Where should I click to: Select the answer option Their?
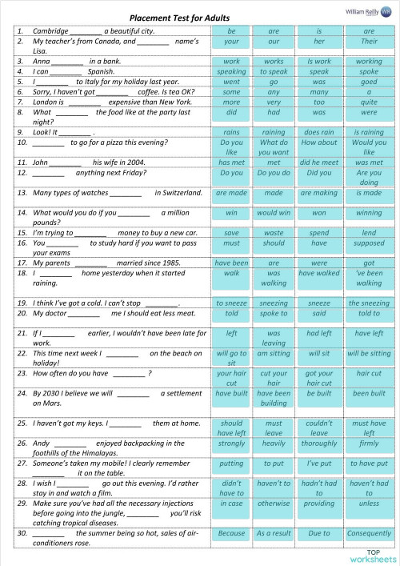pos(369,41)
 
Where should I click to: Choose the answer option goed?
pos(369,82)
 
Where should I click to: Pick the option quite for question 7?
pos(369,102)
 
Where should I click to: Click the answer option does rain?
pos(319,132)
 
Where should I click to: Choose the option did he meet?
pos(319,163)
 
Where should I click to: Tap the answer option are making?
pos(319,193)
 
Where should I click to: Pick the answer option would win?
pos(274,213)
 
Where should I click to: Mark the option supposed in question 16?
pos(369,243)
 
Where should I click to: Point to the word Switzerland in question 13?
pos(178,193)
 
